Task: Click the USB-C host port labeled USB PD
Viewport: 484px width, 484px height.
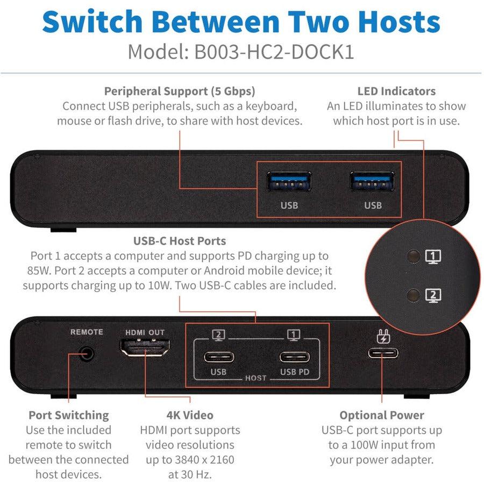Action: [294, 357]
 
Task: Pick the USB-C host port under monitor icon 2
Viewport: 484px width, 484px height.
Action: [219, 357]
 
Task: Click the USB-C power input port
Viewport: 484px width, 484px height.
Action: [382, 353]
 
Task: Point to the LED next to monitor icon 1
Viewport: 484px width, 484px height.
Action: [414, 257]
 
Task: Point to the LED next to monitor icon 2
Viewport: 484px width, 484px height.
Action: [414, 295]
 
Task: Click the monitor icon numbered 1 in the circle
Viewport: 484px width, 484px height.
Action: [433, 257]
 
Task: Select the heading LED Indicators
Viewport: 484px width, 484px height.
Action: [396, 91]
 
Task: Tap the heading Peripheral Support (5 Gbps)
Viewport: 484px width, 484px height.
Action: [180, 91]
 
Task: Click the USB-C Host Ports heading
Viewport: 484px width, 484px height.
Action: [180, 240]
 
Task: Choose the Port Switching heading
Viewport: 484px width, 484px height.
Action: [69, 415]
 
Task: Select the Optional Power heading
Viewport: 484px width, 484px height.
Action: [382, 415]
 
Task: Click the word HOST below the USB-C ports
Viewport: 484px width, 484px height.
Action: [255, 378]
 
